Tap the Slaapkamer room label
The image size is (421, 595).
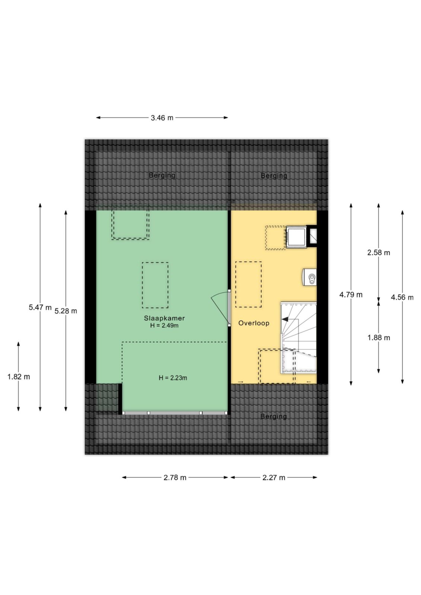(x=164, y=318)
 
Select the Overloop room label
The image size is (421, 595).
(x=254, y=323)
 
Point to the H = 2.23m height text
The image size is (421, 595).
(x=173, y=378)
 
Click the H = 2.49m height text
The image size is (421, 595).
(x=164, y=325)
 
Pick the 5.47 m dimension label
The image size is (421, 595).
(x=40, y=308)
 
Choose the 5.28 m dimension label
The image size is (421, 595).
(x=66, y=311)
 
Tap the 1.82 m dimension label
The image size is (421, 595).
(x=19, y=377)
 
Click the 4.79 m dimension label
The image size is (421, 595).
(x=351, y=295)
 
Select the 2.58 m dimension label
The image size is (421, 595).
(x=379, y=253)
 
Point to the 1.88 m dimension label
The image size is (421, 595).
(x=379, y=338)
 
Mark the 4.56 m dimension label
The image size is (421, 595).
(x=402, y=297)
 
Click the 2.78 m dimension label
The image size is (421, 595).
(x=175, y=477)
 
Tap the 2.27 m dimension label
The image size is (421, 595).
(x=274, y=477)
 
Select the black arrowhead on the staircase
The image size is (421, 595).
(x=285, y=319)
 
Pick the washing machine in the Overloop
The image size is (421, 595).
(x=296, y=237)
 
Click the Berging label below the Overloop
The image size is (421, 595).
(x=273, y=416)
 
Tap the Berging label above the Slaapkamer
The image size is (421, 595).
(x=162, y=175)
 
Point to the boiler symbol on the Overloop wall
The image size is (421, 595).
(x=310, y=277)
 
